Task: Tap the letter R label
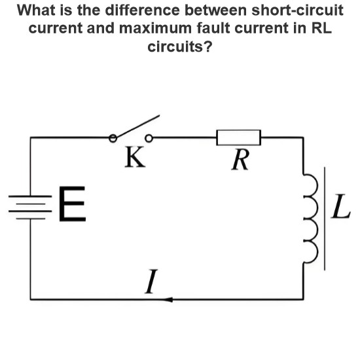pyautogui.click(x=240, y=160)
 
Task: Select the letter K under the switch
pyautogui.click(x=135, y=157)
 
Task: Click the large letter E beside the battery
pyautogui.click(x=72, y=204)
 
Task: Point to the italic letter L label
pyautogui.click(x=341, y=206)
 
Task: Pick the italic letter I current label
pyautogui.click(x=151, y=281)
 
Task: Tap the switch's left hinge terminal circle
pyautogui.click(x=113, y=138)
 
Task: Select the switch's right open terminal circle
pyautogui.click(x=149, y=138)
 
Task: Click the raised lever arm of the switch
pyautogui.click(x=137, y=126)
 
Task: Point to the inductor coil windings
pyautogui.click(x=311, y=218)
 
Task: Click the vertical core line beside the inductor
pyautogui.click(x=325, y=219)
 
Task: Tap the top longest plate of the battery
pyautogui.click(x=30, y=196)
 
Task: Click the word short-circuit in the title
pyautogui.click(x=297, y=10)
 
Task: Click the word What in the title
pyautogui.click(x=36, y=10)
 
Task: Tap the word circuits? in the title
pyautogui.click(x=180, y=46)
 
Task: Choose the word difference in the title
pyautogui.click(x=142, y=10)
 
